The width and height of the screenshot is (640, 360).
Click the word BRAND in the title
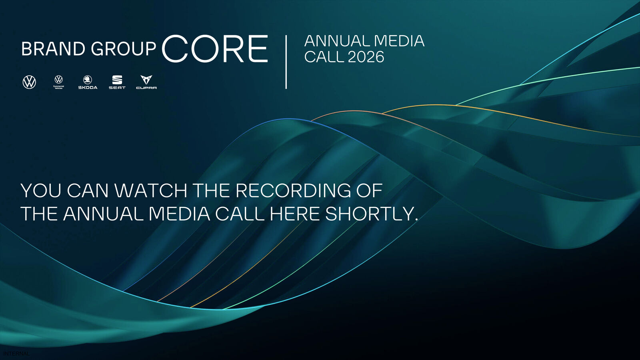pos(53,49)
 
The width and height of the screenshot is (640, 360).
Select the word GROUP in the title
pos(123,49)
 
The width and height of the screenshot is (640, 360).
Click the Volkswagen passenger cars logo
pos(29,82)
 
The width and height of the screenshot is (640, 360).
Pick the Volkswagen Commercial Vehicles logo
pos(58,82)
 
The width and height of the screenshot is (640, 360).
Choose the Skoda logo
pos(88,82)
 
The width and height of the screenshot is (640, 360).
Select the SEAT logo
pos(117,82)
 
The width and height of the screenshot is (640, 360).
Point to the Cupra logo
pos(146,82)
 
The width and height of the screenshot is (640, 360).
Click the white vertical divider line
pos(286,62)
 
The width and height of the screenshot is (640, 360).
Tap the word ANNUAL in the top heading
pos(337,41)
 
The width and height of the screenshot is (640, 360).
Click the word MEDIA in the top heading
pos(399,41)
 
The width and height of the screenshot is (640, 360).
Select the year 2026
pos(366,57)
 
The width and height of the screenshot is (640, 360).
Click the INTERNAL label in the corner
pos(16,354)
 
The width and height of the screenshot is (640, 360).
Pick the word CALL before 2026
pos(324,57)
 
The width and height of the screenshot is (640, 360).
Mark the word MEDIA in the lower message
pos(179,214)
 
